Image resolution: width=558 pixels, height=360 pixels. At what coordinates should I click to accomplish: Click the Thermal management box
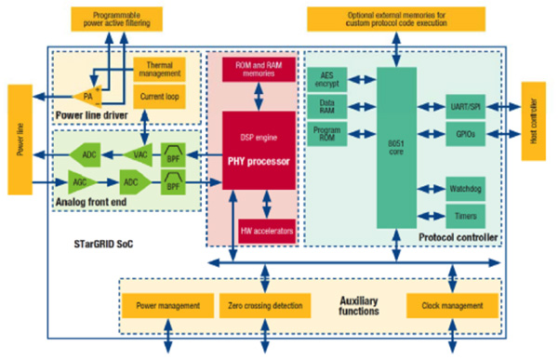click(158, 69)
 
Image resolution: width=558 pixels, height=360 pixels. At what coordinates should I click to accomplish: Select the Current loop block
click(158, 95)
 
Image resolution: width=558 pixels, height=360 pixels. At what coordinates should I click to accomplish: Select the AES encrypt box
click(328, 80)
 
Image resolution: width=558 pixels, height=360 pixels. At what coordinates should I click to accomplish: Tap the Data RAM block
click(328, 106)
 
